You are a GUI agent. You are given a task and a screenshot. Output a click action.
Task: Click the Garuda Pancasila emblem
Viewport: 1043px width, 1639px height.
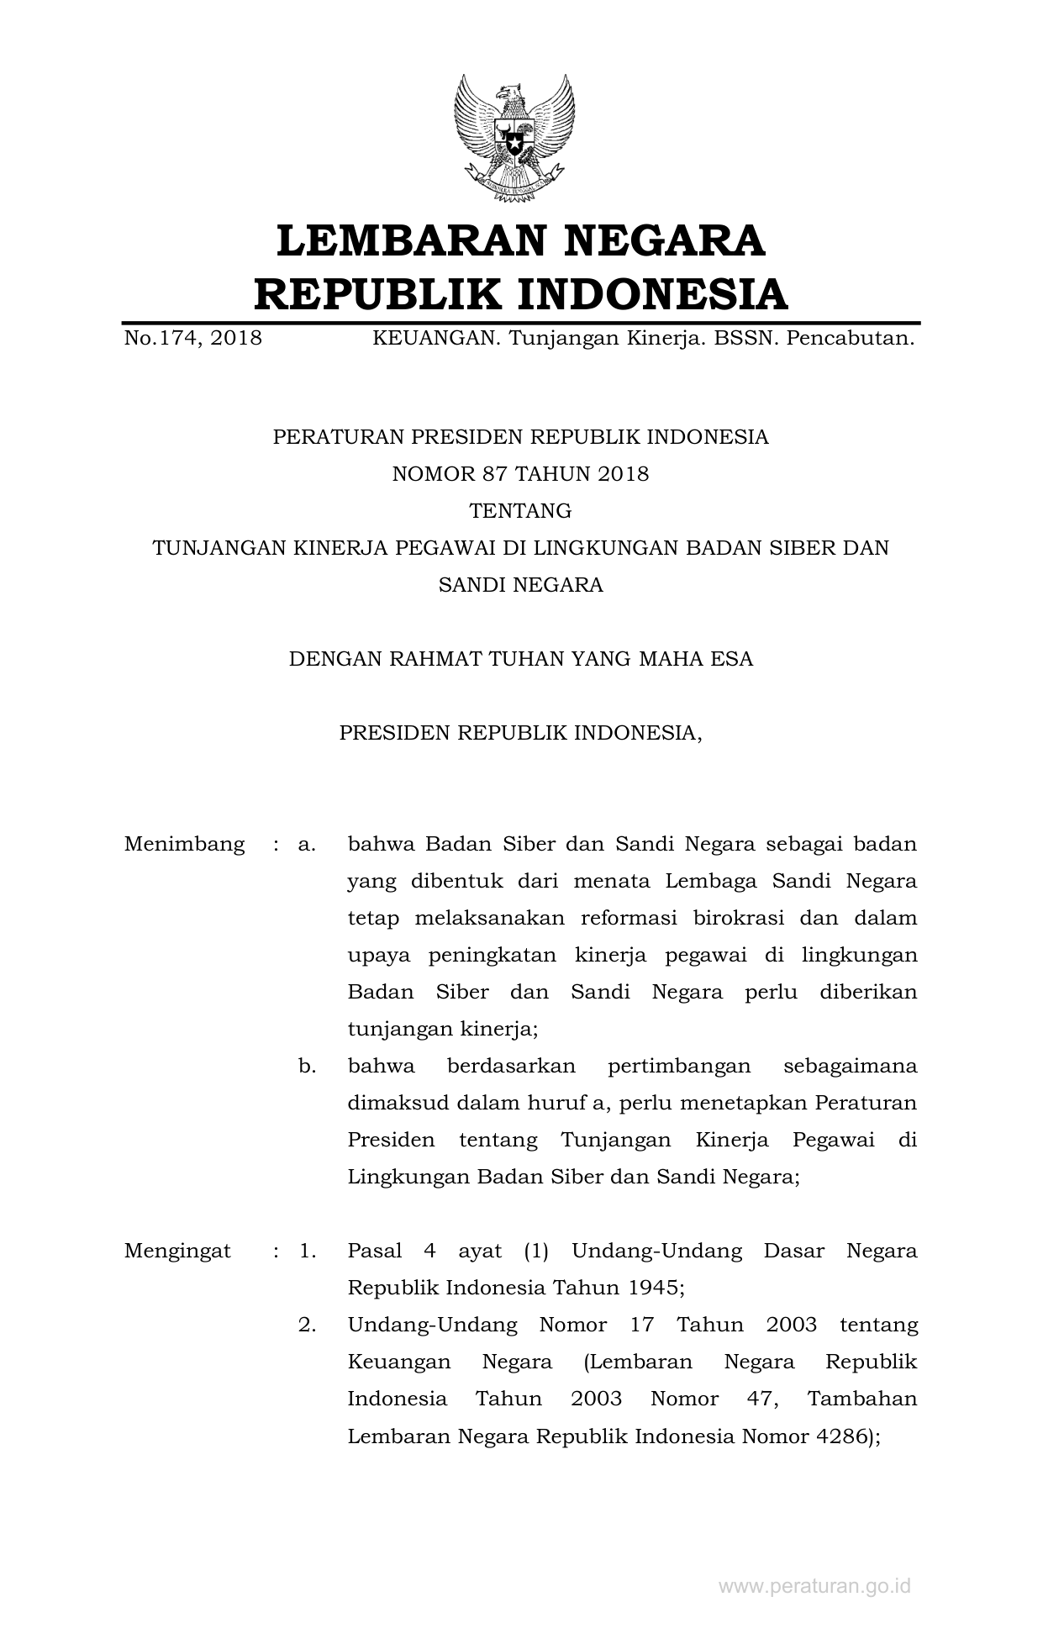tap(514, 138)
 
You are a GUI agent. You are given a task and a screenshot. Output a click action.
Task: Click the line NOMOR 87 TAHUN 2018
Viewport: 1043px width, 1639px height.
tap(520, 474)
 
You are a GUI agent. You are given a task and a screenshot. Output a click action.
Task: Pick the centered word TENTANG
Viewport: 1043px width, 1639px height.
tap(520, 511)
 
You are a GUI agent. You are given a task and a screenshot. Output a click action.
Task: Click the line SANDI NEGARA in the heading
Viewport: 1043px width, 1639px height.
tap(520, 585)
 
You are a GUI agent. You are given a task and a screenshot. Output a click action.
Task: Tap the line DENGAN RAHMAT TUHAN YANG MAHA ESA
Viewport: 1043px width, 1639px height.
tap(520, 659)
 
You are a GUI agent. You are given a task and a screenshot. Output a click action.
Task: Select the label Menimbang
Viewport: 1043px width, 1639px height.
tap(184, 844)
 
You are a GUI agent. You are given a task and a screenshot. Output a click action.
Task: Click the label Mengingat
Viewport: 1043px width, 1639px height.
tap(177, 1251)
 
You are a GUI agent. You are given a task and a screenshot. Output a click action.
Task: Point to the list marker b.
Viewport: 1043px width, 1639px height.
tap(307, 1066)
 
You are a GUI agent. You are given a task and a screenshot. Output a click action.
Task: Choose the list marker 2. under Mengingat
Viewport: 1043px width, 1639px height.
tap(307, 1325)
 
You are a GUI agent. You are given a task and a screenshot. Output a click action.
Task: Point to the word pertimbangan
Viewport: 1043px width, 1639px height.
tap(679, 1066)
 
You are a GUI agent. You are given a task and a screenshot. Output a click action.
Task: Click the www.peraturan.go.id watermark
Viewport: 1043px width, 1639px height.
tap(814, 1587)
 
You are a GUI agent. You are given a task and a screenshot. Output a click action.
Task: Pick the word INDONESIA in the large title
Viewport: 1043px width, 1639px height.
tap(651, 293)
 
